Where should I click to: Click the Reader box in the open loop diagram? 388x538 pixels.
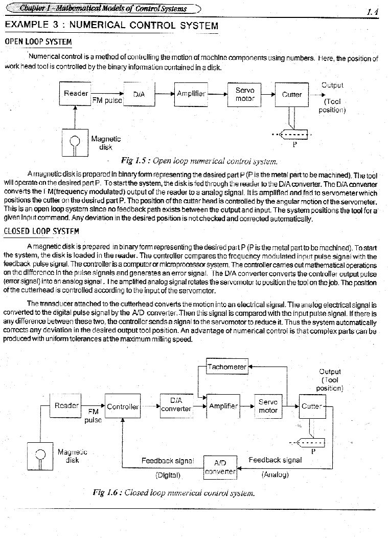pyautogui.click(x=76, y=94)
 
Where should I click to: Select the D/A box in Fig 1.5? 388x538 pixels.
pyautogui.click(x=139, y=94)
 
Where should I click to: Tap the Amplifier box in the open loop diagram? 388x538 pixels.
pyautogui.click(x=191, y=94)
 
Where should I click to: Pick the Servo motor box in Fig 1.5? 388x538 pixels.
pyautogui.click(x=245, y=94)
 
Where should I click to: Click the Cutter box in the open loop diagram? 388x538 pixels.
pyautogui.click(x=292, y=95)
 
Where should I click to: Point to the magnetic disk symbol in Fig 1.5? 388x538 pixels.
pyautogui.click(x=75, y=142)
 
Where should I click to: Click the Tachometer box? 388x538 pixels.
pyautogui.click(x=226, y=367)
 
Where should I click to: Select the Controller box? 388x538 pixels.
pyautogui.click(x=122, y=406)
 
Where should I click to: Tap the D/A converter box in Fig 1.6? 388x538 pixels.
pyautogui.click(x=175, y=404)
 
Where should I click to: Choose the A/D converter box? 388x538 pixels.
pyautogui.click(x=220, y=466)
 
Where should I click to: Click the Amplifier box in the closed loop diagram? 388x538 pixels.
pyautogui.click(x=223, y=406)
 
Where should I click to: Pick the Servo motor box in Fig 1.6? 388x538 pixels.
pyautogui.click(x=268, y=406)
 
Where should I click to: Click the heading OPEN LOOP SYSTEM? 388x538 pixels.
pyautogui.click(x=38, y=41)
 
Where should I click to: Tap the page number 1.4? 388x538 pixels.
pyautogui.click(x=372, y=12)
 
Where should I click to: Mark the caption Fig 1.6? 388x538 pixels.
pyautogui.click(x=173, y=493)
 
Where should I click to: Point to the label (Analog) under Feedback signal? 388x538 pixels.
pyautogui.click(x=275, y=475)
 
